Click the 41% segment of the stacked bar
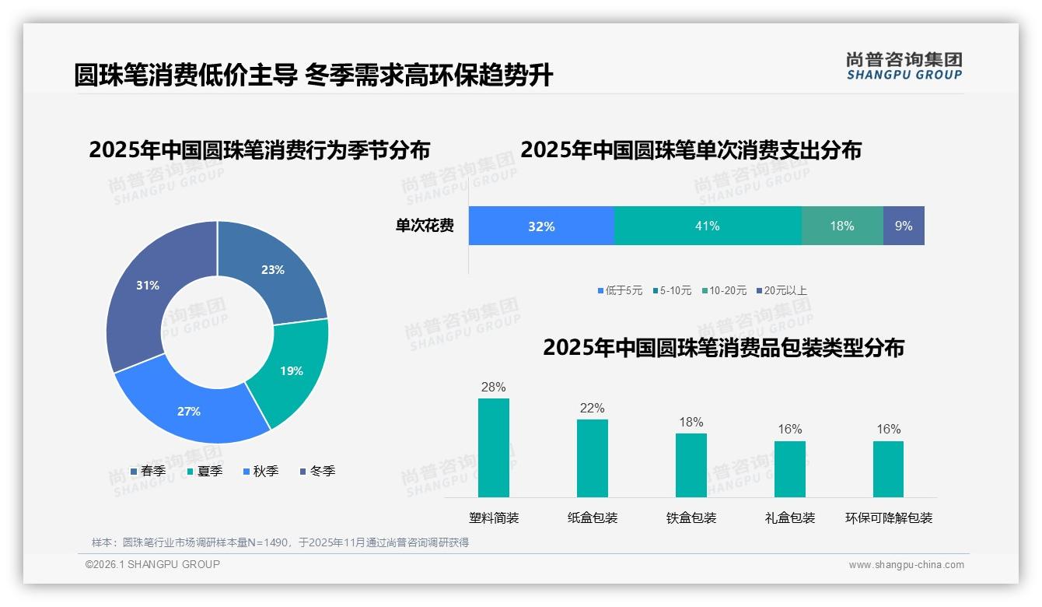[707, 226]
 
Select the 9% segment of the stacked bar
[904, 226]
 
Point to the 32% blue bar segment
[541, 226]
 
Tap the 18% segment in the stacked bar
[841, 226]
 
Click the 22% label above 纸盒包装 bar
[592, 408]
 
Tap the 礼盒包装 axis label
[789, 518]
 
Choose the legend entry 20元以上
[785, 290]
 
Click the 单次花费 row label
[425, 226]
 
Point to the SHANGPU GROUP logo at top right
[904, 65]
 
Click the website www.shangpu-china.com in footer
[906, 564]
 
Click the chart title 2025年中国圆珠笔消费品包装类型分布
[723, 347]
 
